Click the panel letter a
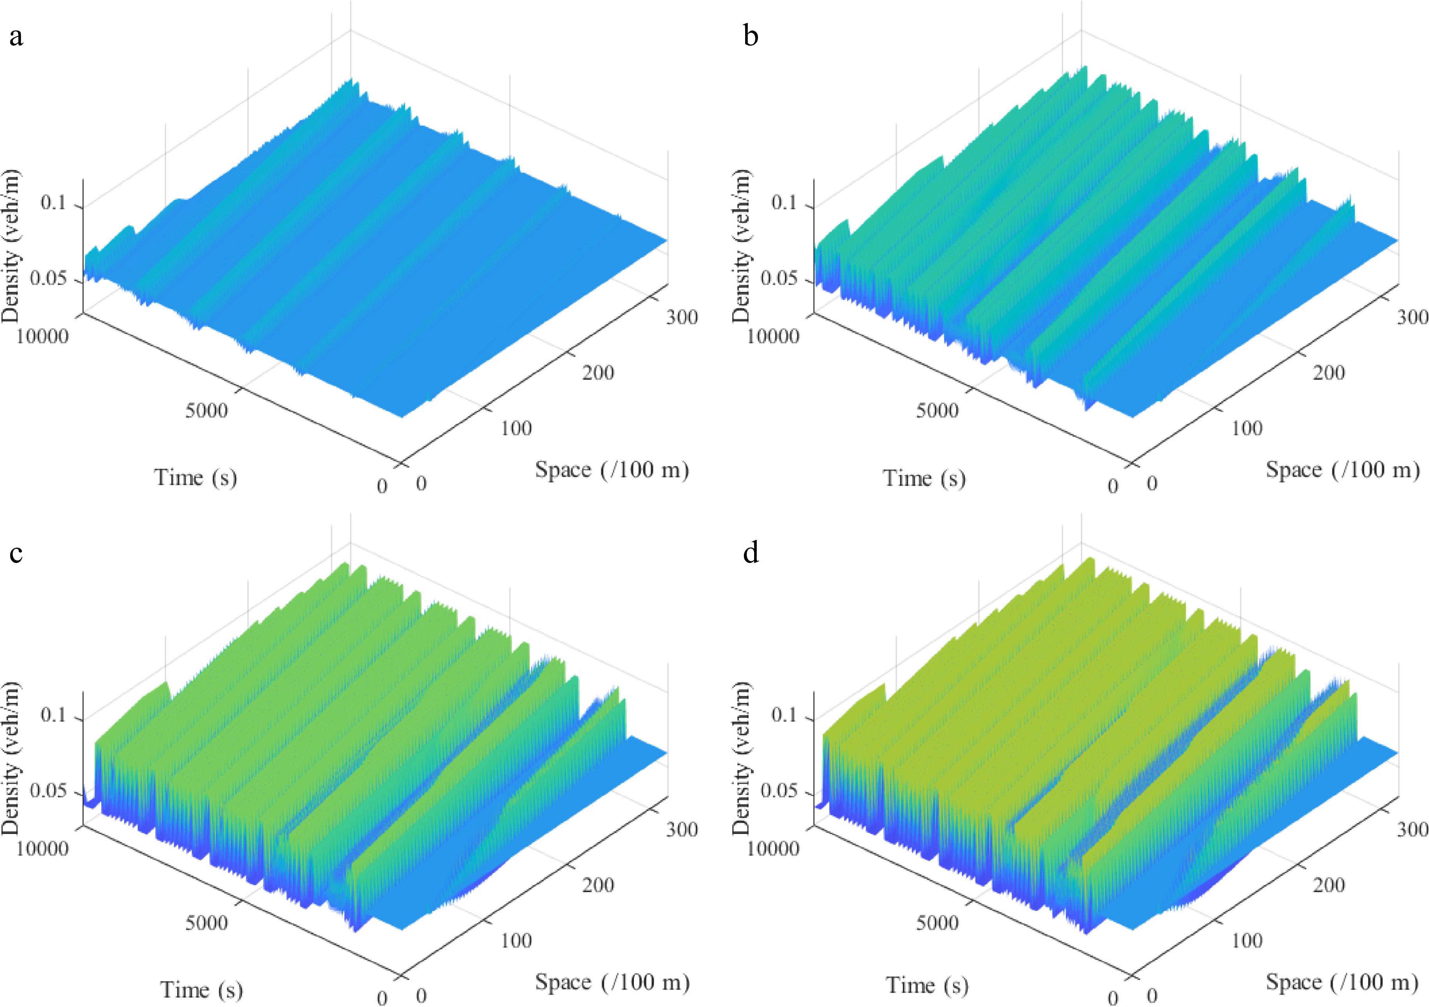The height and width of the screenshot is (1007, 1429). (16, 37)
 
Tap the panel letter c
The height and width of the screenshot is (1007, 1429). (16, 552)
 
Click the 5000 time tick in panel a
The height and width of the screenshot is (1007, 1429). (206, 411)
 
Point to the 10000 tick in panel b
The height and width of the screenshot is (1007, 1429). (772, 336)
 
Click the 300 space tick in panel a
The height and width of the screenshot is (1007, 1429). (682, 318)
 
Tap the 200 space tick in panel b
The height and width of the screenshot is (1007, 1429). (1328, 373)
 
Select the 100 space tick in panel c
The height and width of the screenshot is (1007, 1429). (516, 940)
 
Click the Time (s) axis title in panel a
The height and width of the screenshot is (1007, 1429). (196, 478)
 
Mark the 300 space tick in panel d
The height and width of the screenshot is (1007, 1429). (1411, 830)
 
